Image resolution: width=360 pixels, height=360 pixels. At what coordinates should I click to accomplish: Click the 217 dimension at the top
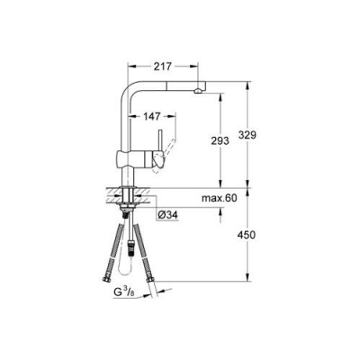coord(162,67)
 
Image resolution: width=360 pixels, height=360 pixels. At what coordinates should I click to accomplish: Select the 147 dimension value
coord(155,117)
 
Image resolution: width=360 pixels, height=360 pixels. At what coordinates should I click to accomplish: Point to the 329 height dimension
coord(258,134)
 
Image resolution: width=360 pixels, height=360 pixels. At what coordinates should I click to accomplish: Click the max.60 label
coord(219,197)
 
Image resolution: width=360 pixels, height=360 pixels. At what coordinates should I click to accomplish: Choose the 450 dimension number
coord(258,236)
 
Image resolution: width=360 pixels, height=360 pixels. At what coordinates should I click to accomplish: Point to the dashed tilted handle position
coord(163,159)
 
